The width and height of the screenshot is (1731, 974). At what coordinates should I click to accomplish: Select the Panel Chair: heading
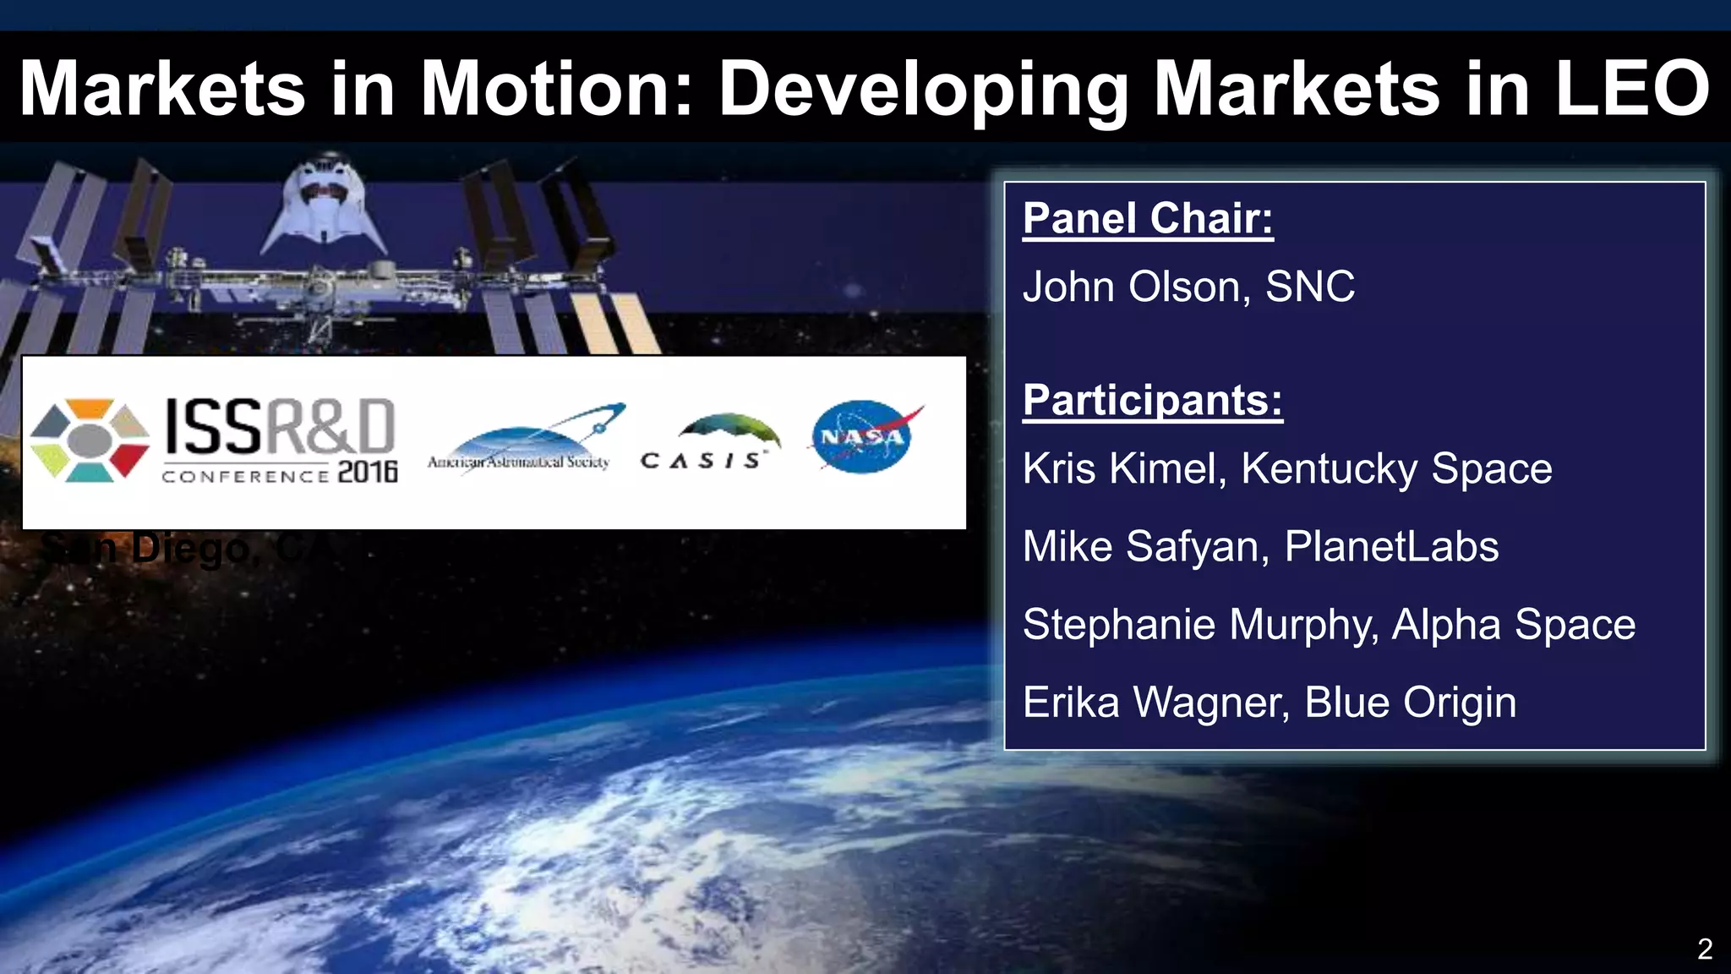pyautogui.click(x=1148, y=219)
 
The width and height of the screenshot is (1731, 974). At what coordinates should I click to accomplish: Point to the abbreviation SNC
pyautogui.click(x=1310, y=287)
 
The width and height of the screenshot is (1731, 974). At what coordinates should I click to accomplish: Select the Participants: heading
pyautogui.click(x=1152, y=400)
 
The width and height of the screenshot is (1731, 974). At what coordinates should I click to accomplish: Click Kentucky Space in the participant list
pyautogui.click(x=1396, y=468)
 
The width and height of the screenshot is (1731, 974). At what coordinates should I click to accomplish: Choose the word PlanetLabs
pyautogui.click(x=1391, y=547)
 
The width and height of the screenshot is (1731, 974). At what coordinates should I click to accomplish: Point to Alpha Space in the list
pyautogui.click(x=1513, y=625)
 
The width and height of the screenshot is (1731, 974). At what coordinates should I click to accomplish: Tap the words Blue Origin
pyautogui.click(x=1410, y=703)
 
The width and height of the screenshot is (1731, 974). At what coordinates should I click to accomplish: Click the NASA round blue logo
pyautogui.click(x=863, y=437)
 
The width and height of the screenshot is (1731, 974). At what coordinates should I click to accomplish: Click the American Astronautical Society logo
pyautogui.click(x=524, y=440)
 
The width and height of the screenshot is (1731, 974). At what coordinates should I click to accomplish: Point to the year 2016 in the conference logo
pyautogui.click(x=368, y=472)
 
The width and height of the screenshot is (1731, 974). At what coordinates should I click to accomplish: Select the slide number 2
pyautogui.click(x=1704, y=949)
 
